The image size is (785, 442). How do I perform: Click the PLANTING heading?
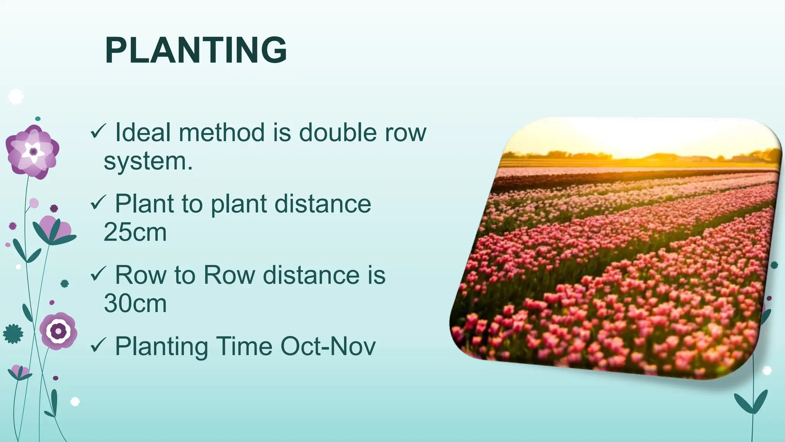point(196,50)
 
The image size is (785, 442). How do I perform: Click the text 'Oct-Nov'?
point(328,346)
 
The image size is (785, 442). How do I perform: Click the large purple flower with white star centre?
point(33,152)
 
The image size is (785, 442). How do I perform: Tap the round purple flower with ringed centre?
point(58,331)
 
